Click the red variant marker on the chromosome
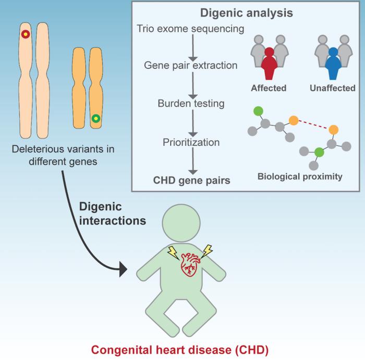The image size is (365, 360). [x=25, y=35]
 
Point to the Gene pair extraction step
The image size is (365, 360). [x=191, y=66]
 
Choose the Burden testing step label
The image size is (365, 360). [x=191, y=103]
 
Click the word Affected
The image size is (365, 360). [x=269, y=88]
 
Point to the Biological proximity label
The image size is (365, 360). [x=300, y=177]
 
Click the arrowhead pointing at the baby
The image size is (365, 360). [x=124, y=269]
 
